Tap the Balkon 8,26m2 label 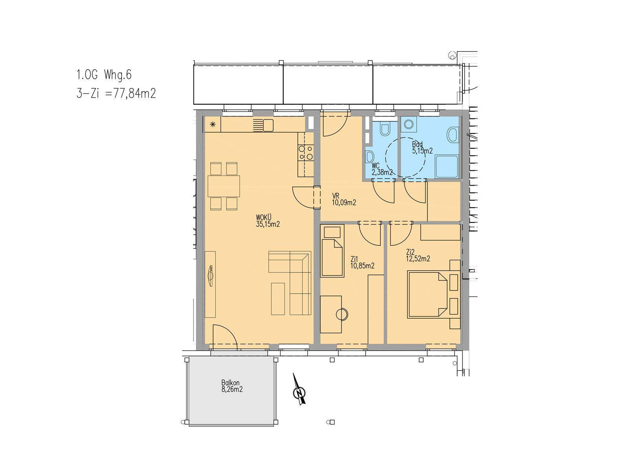(x=232, y=386)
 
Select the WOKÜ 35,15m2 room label (x=268, y=221)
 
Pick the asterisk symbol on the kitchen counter (x=213, y=124)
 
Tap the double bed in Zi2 (x=427, y=295)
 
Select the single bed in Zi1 (x=332, y=251)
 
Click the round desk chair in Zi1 (x=342, y=314)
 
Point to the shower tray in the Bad (x=447, y=166)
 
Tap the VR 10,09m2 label (x=344, y=199)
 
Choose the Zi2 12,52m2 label (x=418, y=256)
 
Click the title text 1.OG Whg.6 (x=104, y=75)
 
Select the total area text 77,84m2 (x=135, y=93)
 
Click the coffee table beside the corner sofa (x=278, y=299)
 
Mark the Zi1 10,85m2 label (x=363, y=263)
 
